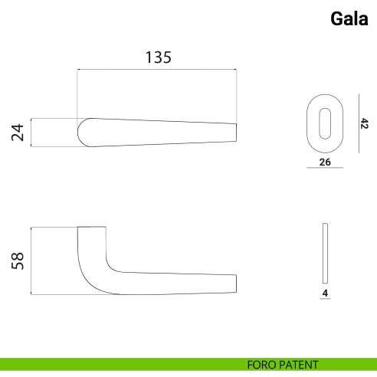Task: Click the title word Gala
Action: click(x=349, y=18)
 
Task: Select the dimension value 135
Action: click(x=157, y=57)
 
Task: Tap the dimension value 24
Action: click(x=18, y=133)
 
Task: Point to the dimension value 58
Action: click(x=18, y=261)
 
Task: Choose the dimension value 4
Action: click(x=325, y=292)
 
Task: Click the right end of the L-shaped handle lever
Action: click(x=234, y=284)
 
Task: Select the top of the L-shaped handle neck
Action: click(x=91, y=228)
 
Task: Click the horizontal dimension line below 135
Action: click(x=156, y=68)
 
